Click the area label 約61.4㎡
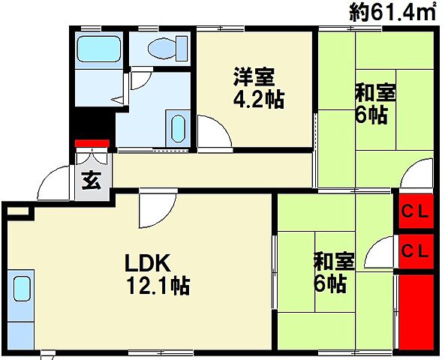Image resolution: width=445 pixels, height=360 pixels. (393, 13)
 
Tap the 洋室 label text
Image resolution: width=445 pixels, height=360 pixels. (254, 78)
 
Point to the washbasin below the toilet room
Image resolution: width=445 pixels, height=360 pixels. (179, 129)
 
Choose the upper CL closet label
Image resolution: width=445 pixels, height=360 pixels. (413, 211)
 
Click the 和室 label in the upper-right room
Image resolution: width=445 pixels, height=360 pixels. (375, 94)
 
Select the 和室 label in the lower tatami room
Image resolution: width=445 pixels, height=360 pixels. (333, 262)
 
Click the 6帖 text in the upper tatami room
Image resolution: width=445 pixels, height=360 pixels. (371, 116)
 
